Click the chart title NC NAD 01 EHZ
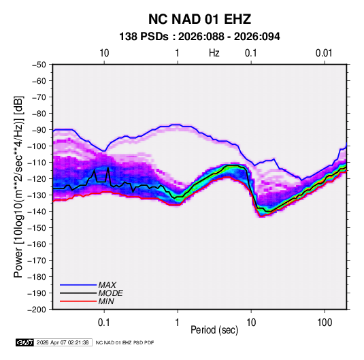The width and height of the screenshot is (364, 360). [x=199, y=19]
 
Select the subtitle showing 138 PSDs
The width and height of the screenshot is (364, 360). [x=199, y=37]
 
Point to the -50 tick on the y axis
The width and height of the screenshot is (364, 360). [x=39, y=65]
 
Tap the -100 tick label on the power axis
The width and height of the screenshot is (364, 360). [x=37, y=146]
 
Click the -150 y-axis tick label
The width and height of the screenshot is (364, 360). [x=37, y=228]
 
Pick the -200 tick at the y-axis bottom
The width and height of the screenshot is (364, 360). [x=37, y=310]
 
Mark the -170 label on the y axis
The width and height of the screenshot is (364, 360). [x=37, y=261]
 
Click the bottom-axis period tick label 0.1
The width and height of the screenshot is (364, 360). [x=104, y=323]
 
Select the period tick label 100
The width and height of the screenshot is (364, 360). [x=325, y=323]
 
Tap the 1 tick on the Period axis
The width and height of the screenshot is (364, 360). [x=177, y=323]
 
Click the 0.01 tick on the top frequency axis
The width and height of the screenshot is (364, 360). [x=324, y=53]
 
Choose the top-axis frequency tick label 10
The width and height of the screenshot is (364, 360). [x=104, y=53]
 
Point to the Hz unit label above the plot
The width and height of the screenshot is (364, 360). [x=214, y=53]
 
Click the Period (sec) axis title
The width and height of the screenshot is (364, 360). [x=214, y=330]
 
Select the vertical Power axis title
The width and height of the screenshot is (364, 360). [x=18, y=186]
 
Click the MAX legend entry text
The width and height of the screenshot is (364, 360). [x=107, y=285]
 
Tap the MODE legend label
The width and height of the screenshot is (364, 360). [x=110, y=293]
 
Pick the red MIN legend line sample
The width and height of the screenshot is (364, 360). [x=78, y=301]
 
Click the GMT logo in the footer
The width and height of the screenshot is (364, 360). [x=25, y=342]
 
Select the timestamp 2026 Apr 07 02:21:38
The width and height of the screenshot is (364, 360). [x=63, y=342]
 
